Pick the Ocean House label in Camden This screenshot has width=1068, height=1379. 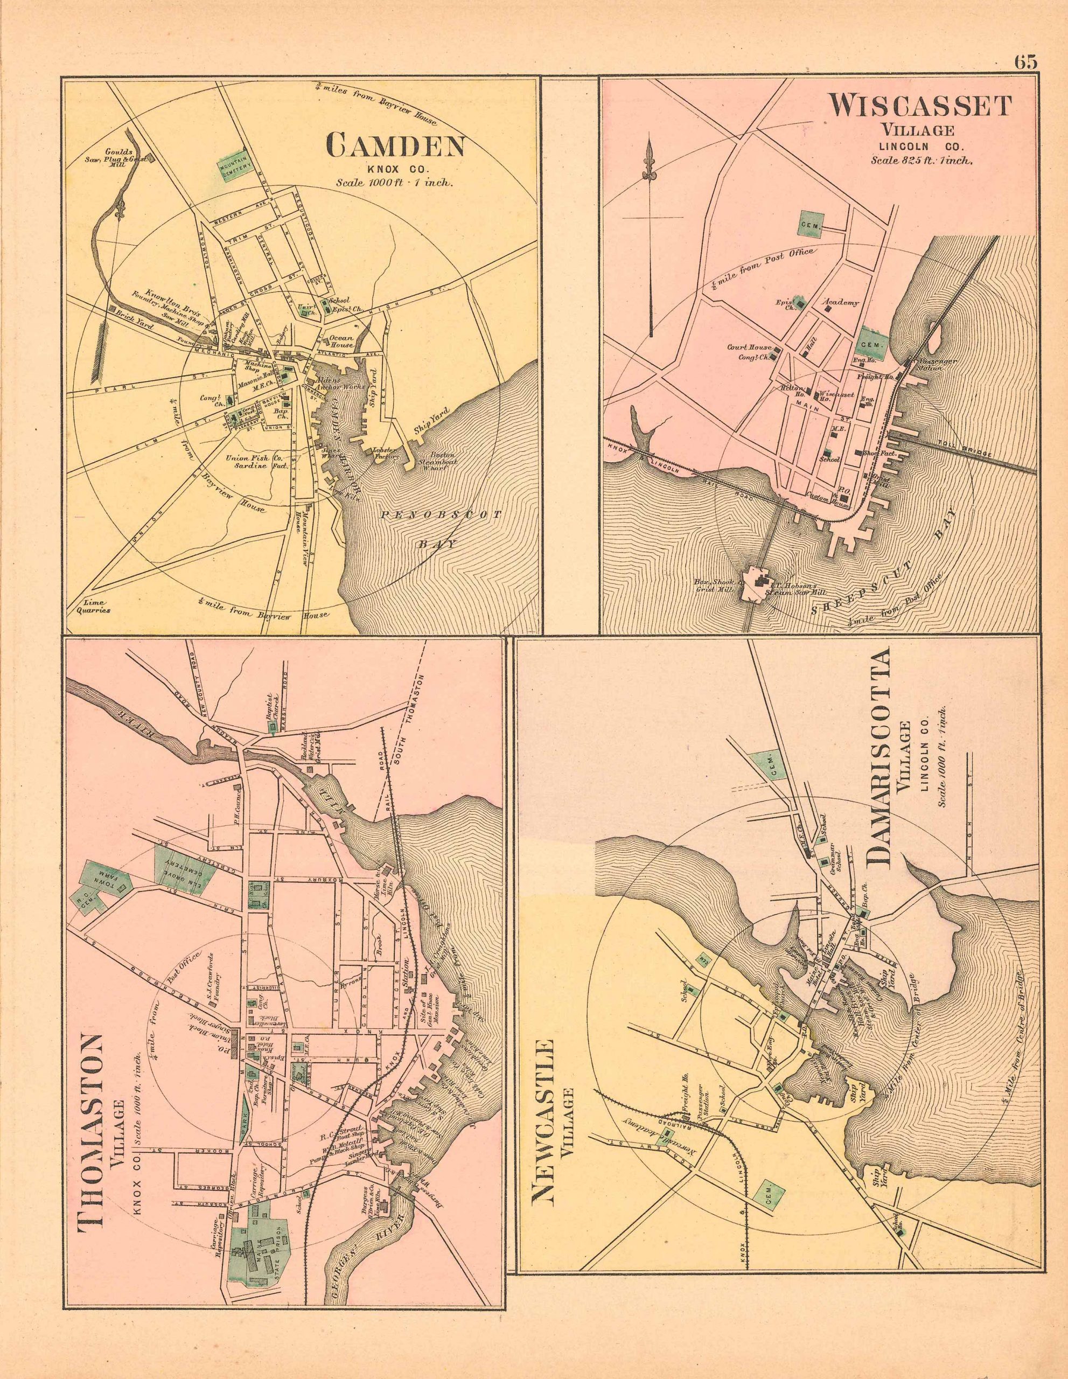pos(341,342)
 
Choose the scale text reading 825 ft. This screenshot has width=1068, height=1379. pos(922,161)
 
